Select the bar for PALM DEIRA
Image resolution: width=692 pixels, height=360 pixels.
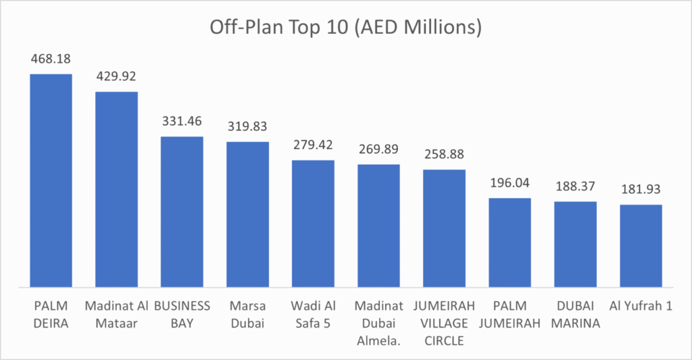(x=51, y=180)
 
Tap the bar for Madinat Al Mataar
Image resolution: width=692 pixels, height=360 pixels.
(x=116, y=188)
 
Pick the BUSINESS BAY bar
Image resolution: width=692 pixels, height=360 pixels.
(x=182, y=211)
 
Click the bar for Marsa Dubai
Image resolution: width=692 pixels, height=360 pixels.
(x=247, y=214)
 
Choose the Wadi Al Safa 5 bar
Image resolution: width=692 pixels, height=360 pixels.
(x=313, y=223)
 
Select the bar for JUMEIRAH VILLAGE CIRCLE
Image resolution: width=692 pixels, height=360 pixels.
(x=444, y=228)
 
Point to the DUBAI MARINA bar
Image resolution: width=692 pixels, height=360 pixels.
(x=575, y=244)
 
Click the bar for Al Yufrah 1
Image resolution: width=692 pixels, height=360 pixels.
(x=641, y=245)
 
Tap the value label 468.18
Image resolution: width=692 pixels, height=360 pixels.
(x=51, y=60)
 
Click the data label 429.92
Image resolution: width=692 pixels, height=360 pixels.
(x=116, y=78)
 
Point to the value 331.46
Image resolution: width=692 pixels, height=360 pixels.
(x=182, y=122)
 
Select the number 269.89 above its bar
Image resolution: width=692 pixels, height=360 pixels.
(x=378, y=150)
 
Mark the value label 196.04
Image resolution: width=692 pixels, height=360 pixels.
(x=510, y=184)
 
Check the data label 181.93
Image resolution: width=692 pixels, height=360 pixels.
(x=641, y=190)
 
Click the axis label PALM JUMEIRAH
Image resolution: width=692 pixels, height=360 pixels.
(x=510, y=314)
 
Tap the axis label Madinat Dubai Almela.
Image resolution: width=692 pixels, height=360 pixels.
(x=378, y=323)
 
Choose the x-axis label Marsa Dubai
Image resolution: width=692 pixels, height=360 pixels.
(x=247, y=314)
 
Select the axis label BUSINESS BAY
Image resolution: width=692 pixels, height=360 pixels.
(x=182, y=314)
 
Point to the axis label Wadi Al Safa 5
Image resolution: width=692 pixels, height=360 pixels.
(x=313, y=314)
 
